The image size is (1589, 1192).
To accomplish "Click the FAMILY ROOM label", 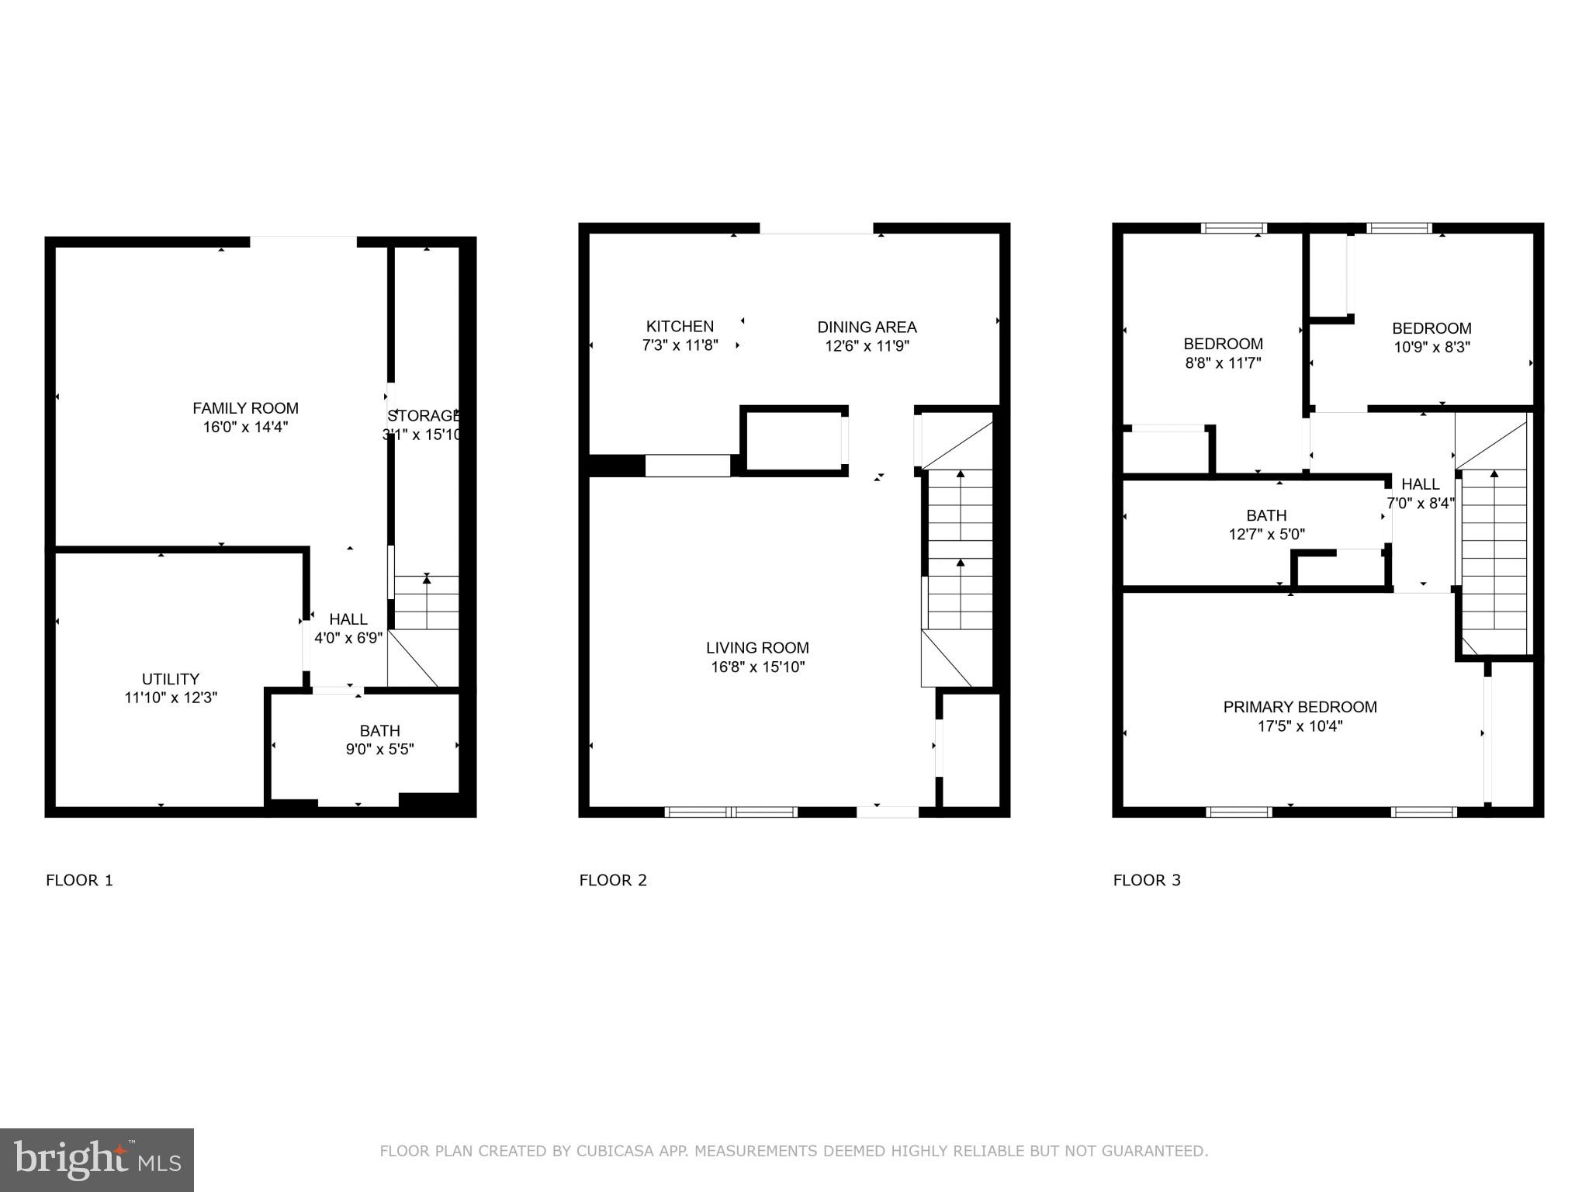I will click(x=245, y=408).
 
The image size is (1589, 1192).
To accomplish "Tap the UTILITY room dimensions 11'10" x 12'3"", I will click(x=171, y=698).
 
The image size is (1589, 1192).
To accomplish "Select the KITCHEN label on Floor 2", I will click(x=680, y=327).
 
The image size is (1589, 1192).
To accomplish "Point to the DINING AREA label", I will click(x=867, y=327).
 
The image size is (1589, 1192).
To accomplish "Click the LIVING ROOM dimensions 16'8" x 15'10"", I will click(x=757, y=667).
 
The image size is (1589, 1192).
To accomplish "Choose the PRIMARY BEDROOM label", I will click(x=1300, y=707).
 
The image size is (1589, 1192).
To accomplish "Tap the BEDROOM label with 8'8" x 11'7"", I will click(x=1223, y=344).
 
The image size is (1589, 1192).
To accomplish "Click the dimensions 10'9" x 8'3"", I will click(x=1431, y=348).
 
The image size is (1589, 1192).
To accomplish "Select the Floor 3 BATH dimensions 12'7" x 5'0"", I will click(x=1266, y=535).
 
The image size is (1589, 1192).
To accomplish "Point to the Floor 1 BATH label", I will click(x=379, y=731).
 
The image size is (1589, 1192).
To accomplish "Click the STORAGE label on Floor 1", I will click(x=424, y=416).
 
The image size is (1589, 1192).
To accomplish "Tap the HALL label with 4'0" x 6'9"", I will click(x=348, y=619).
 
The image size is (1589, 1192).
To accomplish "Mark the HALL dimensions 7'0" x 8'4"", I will click(x=1420, y=504).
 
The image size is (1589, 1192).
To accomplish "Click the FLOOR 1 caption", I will click(x=79, y=880).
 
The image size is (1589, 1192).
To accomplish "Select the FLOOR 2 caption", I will click(x=613, y=880).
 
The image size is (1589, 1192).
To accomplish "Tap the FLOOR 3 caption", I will click(x=1147, y=880).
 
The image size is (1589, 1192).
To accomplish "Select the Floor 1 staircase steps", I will click(x=427, y=603).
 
